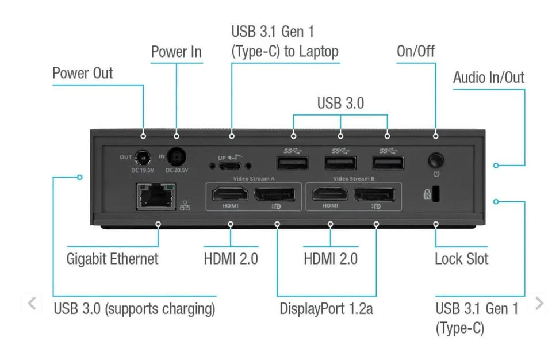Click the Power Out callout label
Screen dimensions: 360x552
coord(83,74)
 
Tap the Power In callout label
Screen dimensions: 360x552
coord(176,52)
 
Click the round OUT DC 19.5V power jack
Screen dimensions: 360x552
coord(141,158)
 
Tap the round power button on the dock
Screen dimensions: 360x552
coord(436,159)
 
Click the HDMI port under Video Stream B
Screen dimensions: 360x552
coord(330,194)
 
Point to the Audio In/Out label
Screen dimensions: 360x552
coord(488,78)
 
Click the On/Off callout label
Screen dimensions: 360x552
coord(415,52)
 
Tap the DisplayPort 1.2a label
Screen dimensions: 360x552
coord(326,309)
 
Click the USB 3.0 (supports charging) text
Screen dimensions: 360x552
coord(135,309)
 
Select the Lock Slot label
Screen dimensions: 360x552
coord(461,259)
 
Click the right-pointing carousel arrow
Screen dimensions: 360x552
coord(539,303)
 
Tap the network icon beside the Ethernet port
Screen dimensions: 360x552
coord(185,206)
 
